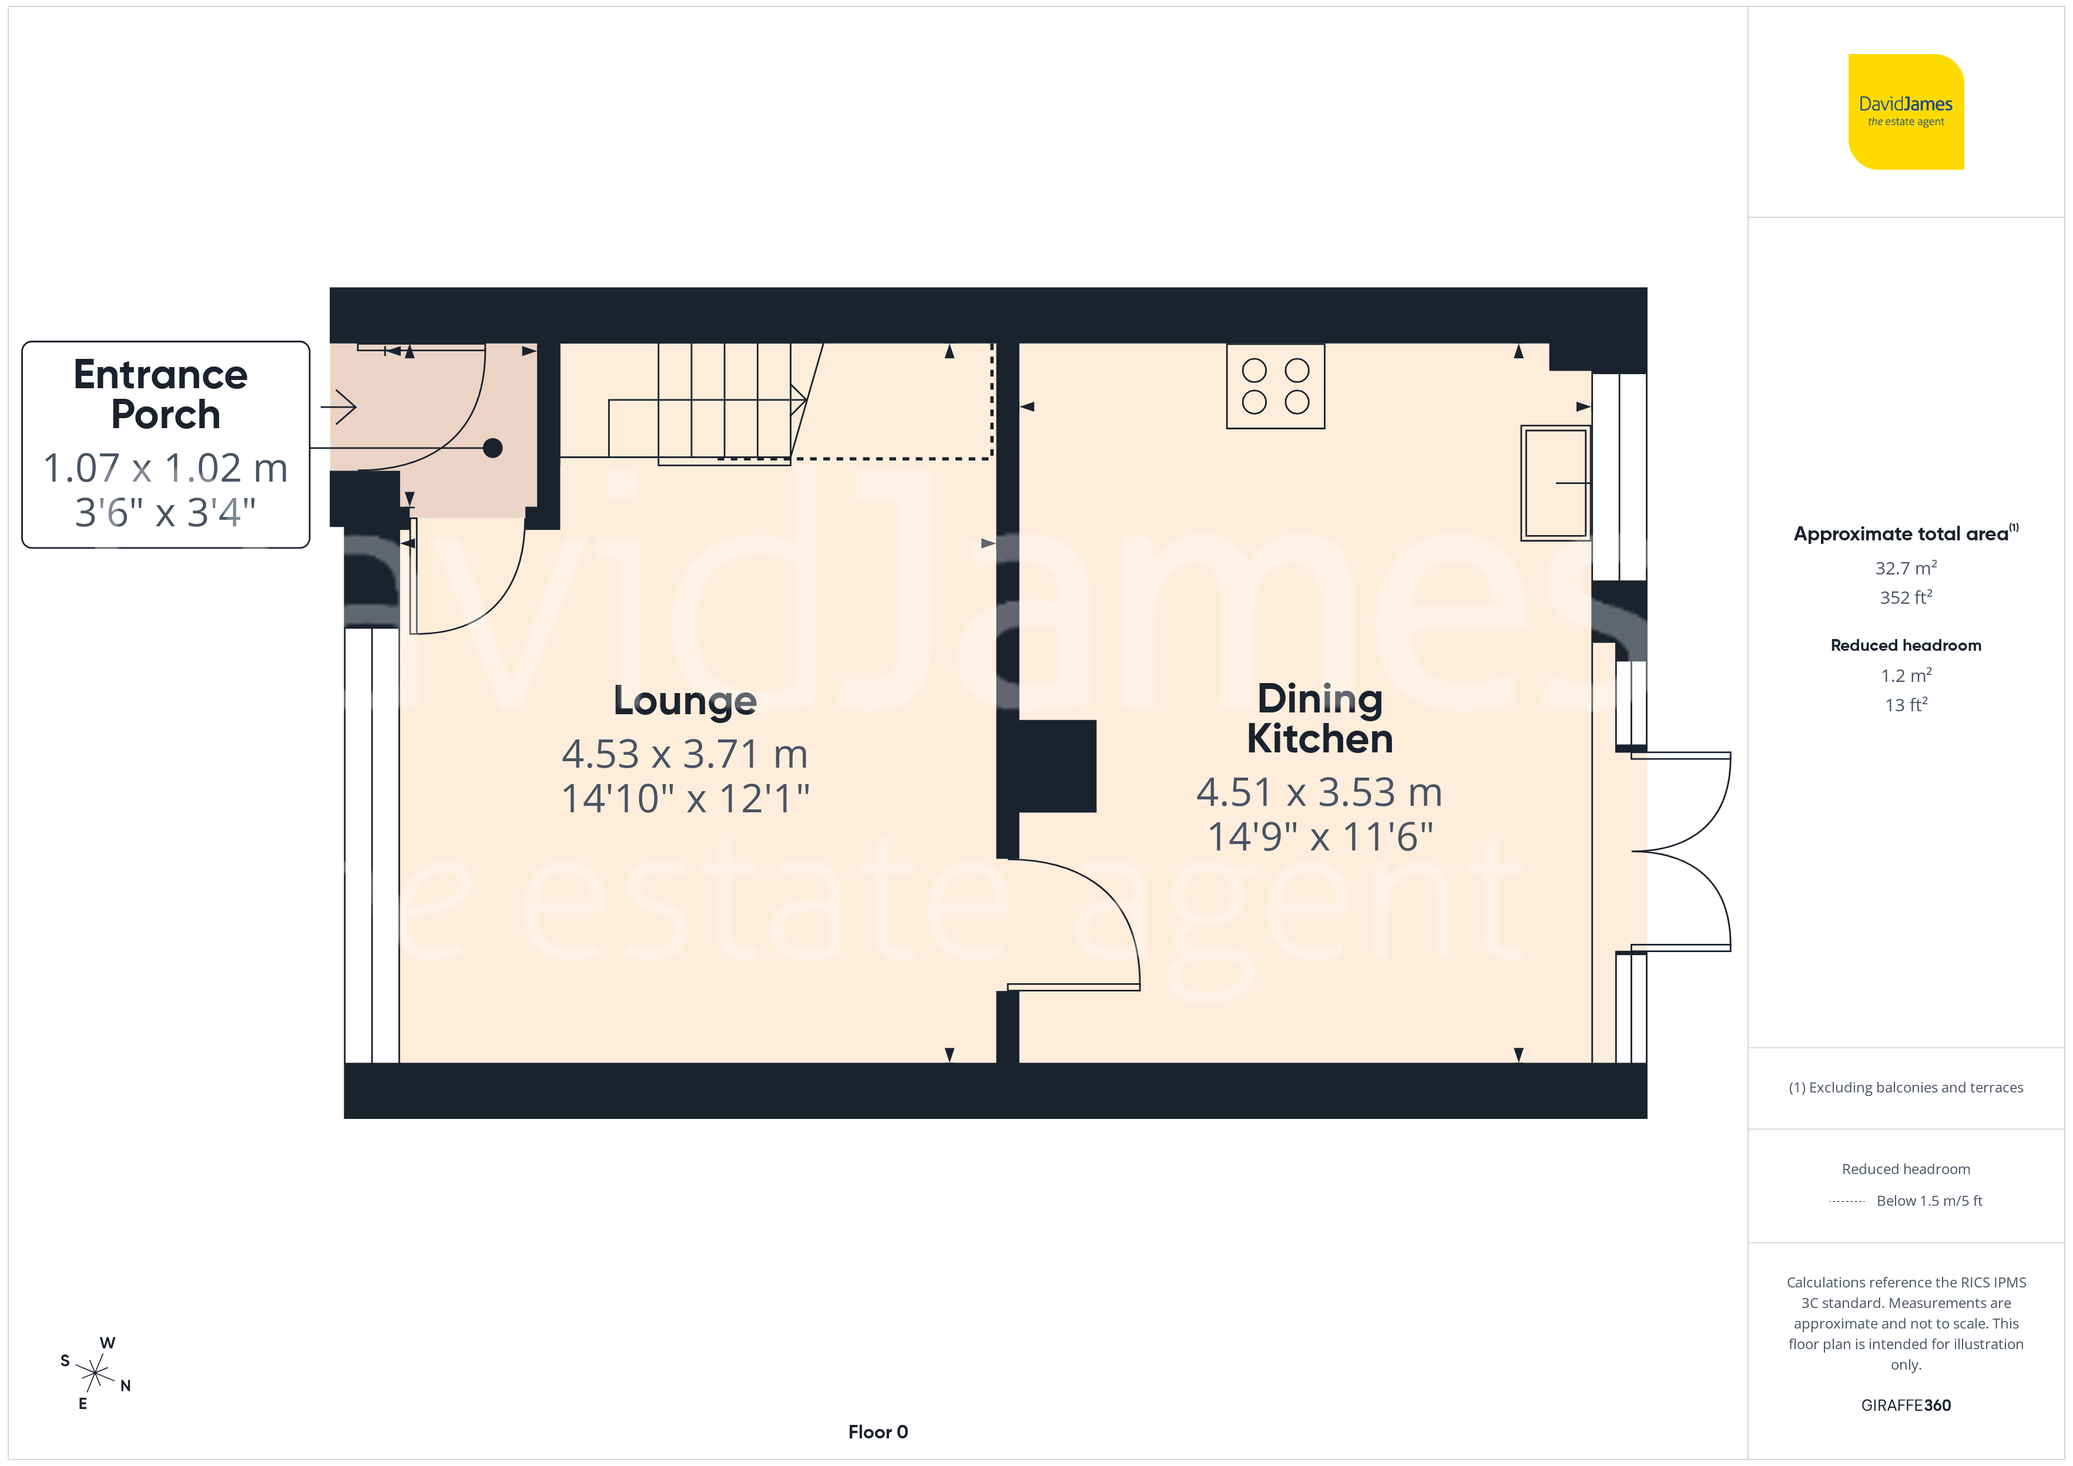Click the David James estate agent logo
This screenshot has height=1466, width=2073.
coord(1906,112)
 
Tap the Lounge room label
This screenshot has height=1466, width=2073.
coord(685,701)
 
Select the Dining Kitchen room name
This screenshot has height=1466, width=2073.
coord(1320,718)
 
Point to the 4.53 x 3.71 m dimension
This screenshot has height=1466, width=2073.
coord(685,754)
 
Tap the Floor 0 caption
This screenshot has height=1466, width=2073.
coord(878,1432)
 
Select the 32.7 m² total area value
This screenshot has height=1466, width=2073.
coord(1906,568)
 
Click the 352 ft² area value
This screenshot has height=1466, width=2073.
coord(1906,597)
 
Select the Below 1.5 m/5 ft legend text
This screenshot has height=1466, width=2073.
coord(1930,1201)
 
